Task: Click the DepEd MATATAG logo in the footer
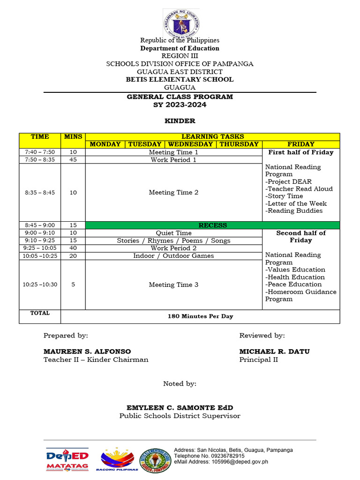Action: click(x=67, y=460)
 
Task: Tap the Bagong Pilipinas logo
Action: click(x=117, y=460)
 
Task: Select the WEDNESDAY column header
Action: click(x=190, y=144)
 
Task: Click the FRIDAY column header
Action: click(x=301, y=144)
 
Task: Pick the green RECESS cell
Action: click(x=213, y=225)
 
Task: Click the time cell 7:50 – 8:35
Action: click(x=40, y=160)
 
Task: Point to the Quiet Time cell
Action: click(x=173, y=233)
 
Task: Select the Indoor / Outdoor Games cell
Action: click(x=173, y=256)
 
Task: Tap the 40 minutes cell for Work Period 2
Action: click(x=73, y=248)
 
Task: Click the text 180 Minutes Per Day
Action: click(x=200, y=316)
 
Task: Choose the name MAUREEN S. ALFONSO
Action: click(x=87, y=352)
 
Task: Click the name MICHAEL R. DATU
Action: click(x=274, y=352)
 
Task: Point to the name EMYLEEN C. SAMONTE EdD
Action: click(x=180, y=408)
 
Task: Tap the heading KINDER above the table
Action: click(x=180, y=121)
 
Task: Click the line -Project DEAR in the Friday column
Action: click(x=288, y=182)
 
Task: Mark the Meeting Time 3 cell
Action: click(x=173, y=285)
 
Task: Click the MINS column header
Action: click(x=73, y=137)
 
